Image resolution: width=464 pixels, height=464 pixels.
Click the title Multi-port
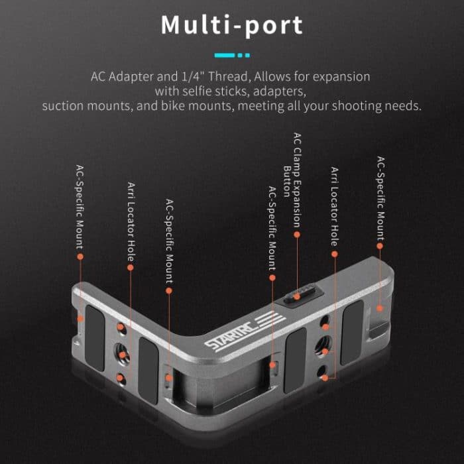point(232,25)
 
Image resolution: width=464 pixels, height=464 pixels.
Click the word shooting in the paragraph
point(361,105)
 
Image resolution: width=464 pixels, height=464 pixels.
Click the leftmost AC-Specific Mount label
point(80,205)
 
